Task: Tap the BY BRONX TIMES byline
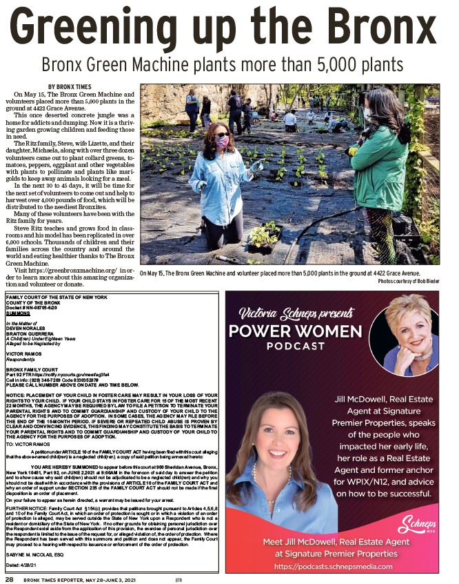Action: (x=70, y=87)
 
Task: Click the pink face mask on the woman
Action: (x=223, y=142)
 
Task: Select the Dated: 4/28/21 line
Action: (x=22, y=565)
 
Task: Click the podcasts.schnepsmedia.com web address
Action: (x=331, y=567)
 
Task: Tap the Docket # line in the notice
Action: (x=31, y=307)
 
